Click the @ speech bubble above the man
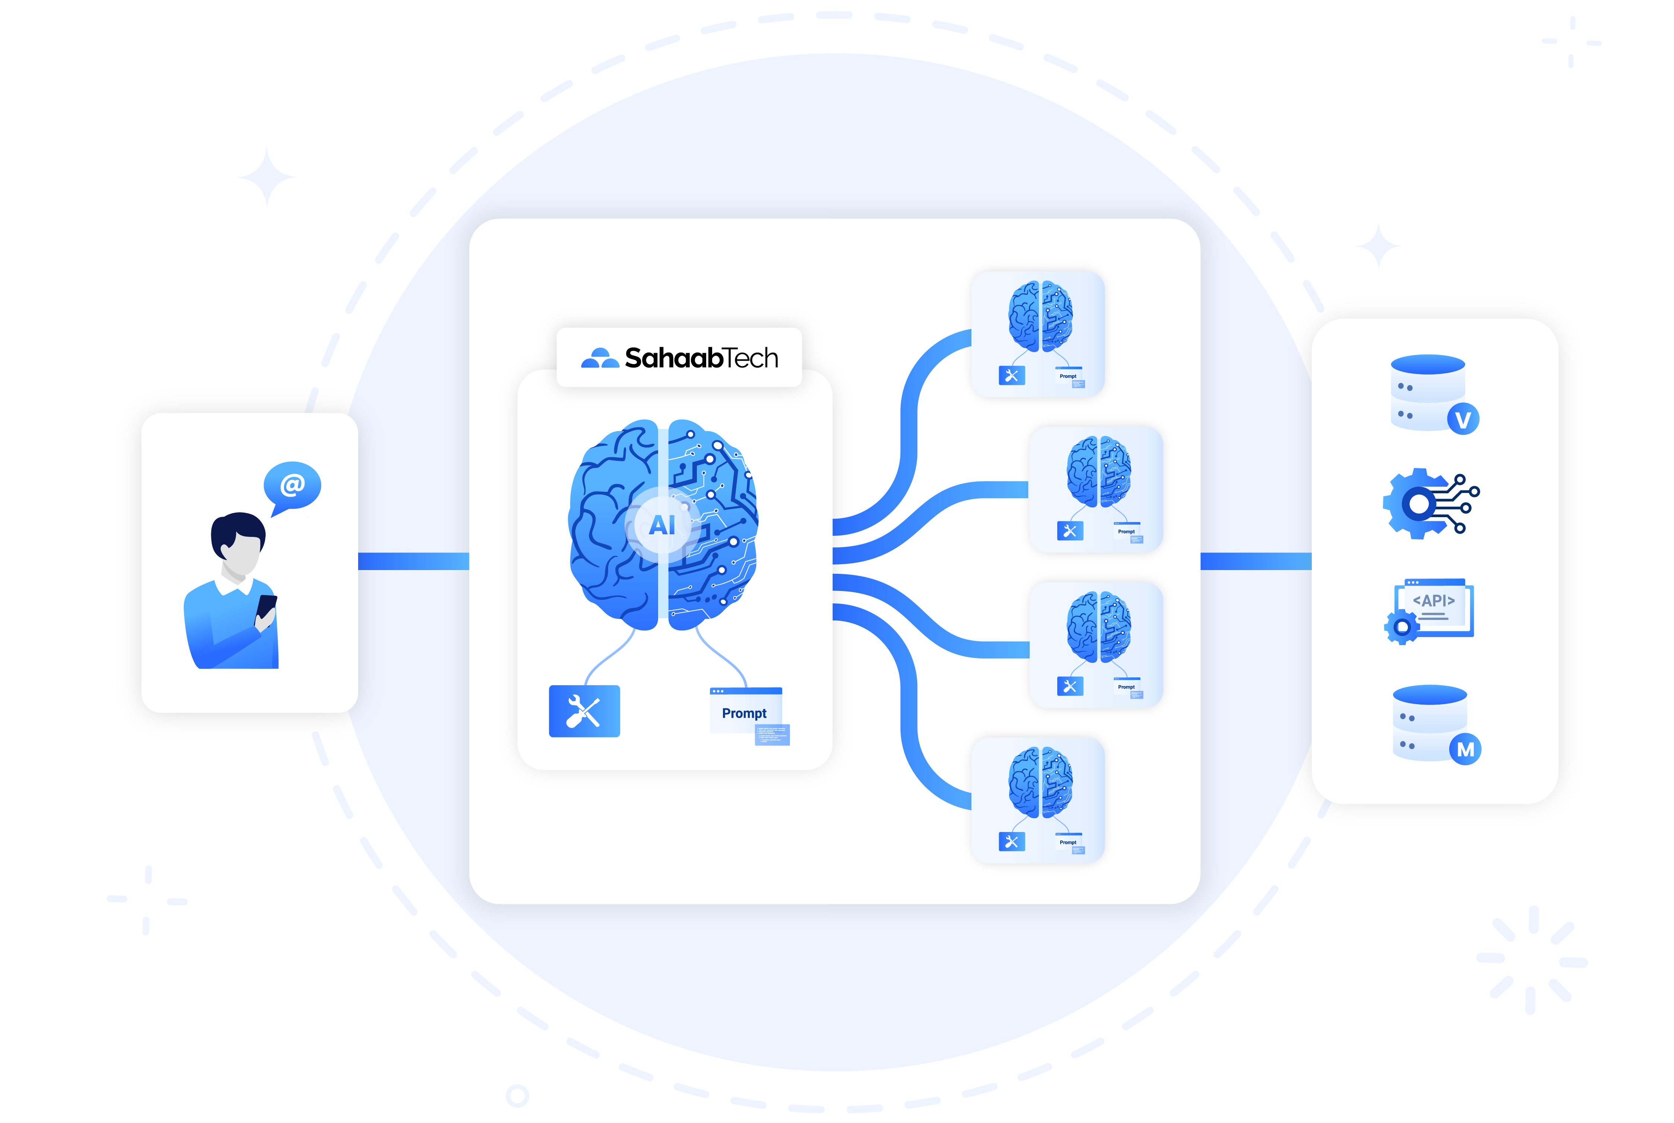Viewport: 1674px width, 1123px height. point(292,485)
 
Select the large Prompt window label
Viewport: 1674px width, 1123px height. point(744,714)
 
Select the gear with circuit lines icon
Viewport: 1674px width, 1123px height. point(1429,503)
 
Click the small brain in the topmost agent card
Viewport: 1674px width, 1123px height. point(1040,316)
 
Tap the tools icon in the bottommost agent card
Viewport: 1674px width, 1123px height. point(1011,842)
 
